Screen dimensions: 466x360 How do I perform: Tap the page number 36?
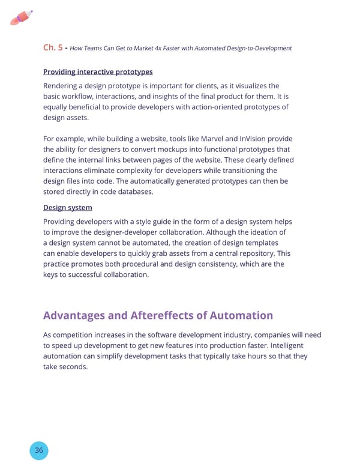[38, 450]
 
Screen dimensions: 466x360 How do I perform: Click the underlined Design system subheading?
[67, 207]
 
